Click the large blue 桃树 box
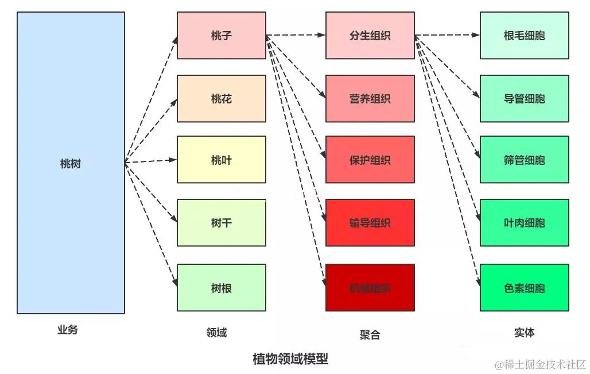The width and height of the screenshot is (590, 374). [x=71, y=163]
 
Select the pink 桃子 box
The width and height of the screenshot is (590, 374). [x=221, y=36]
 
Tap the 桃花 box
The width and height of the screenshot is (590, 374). [x=221, y=98]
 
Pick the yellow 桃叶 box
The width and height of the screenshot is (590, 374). [x=221, y=160]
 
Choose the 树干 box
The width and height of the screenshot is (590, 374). [x=221, y=222]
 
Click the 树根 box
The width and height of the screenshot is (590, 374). [x=221, y=287]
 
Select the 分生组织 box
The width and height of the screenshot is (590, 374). [x=370, y=36]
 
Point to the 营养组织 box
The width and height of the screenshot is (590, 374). [x=370, y=98]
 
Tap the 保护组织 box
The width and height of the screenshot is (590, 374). [x=370, y=160]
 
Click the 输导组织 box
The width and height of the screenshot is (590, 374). [x=370, y=222]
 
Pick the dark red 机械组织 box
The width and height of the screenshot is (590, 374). [x=370, y=287]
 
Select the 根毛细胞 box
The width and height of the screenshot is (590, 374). [x=524, y=36]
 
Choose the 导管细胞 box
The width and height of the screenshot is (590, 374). [x=524, y=98]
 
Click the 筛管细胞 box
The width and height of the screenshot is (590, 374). [x=524, y=160]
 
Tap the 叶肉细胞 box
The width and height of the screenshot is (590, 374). [x=524, y=222]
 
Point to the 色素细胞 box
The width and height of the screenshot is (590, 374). [x=524, y=287]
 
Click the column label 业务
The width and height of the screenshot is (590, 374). [x=67, y=330]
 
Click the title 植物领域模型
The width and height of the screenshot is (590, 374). [x=290, y=359]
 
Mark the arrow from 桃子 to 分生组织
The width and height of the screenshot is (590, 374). [x=296, y=35]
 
